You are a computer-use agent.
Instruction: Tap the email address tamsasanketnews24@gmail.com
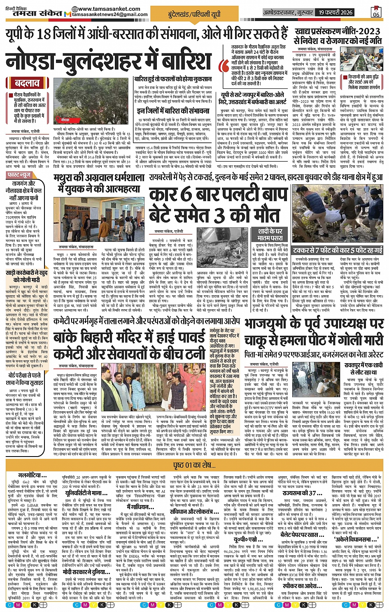pyautogui.click(x=110, y=15)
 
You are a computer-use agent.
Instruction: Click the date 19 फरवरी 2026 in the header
pyautogui.click(x=335, y=12)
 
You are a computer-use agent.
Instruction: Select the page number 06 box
pyautogui.click(x=376, y=12)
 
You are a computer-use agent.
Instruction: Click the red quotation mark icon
pyautogui.click(x=225, y=66)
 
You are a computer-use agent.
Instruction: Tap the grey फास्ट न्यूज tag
pyautogui.click(x=20, y=175)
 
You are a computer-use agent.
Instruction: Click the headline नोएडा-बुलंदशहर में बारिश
pyautogui.click(x=109, y=58)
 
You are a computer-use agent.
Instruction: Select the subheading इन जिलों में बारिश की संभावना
pyautogui.click(x=173, y=111)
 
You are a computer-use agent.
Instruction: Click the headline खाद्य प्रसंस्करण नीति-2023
pyautogui.click(x=337, y=31)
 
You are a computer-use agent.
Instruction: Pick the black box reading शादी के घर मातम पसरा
pyautogui.click(x=270, y=234)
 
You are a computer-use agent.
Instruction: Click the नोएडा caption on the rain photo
pyautogui.click(x=65, y=119)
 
